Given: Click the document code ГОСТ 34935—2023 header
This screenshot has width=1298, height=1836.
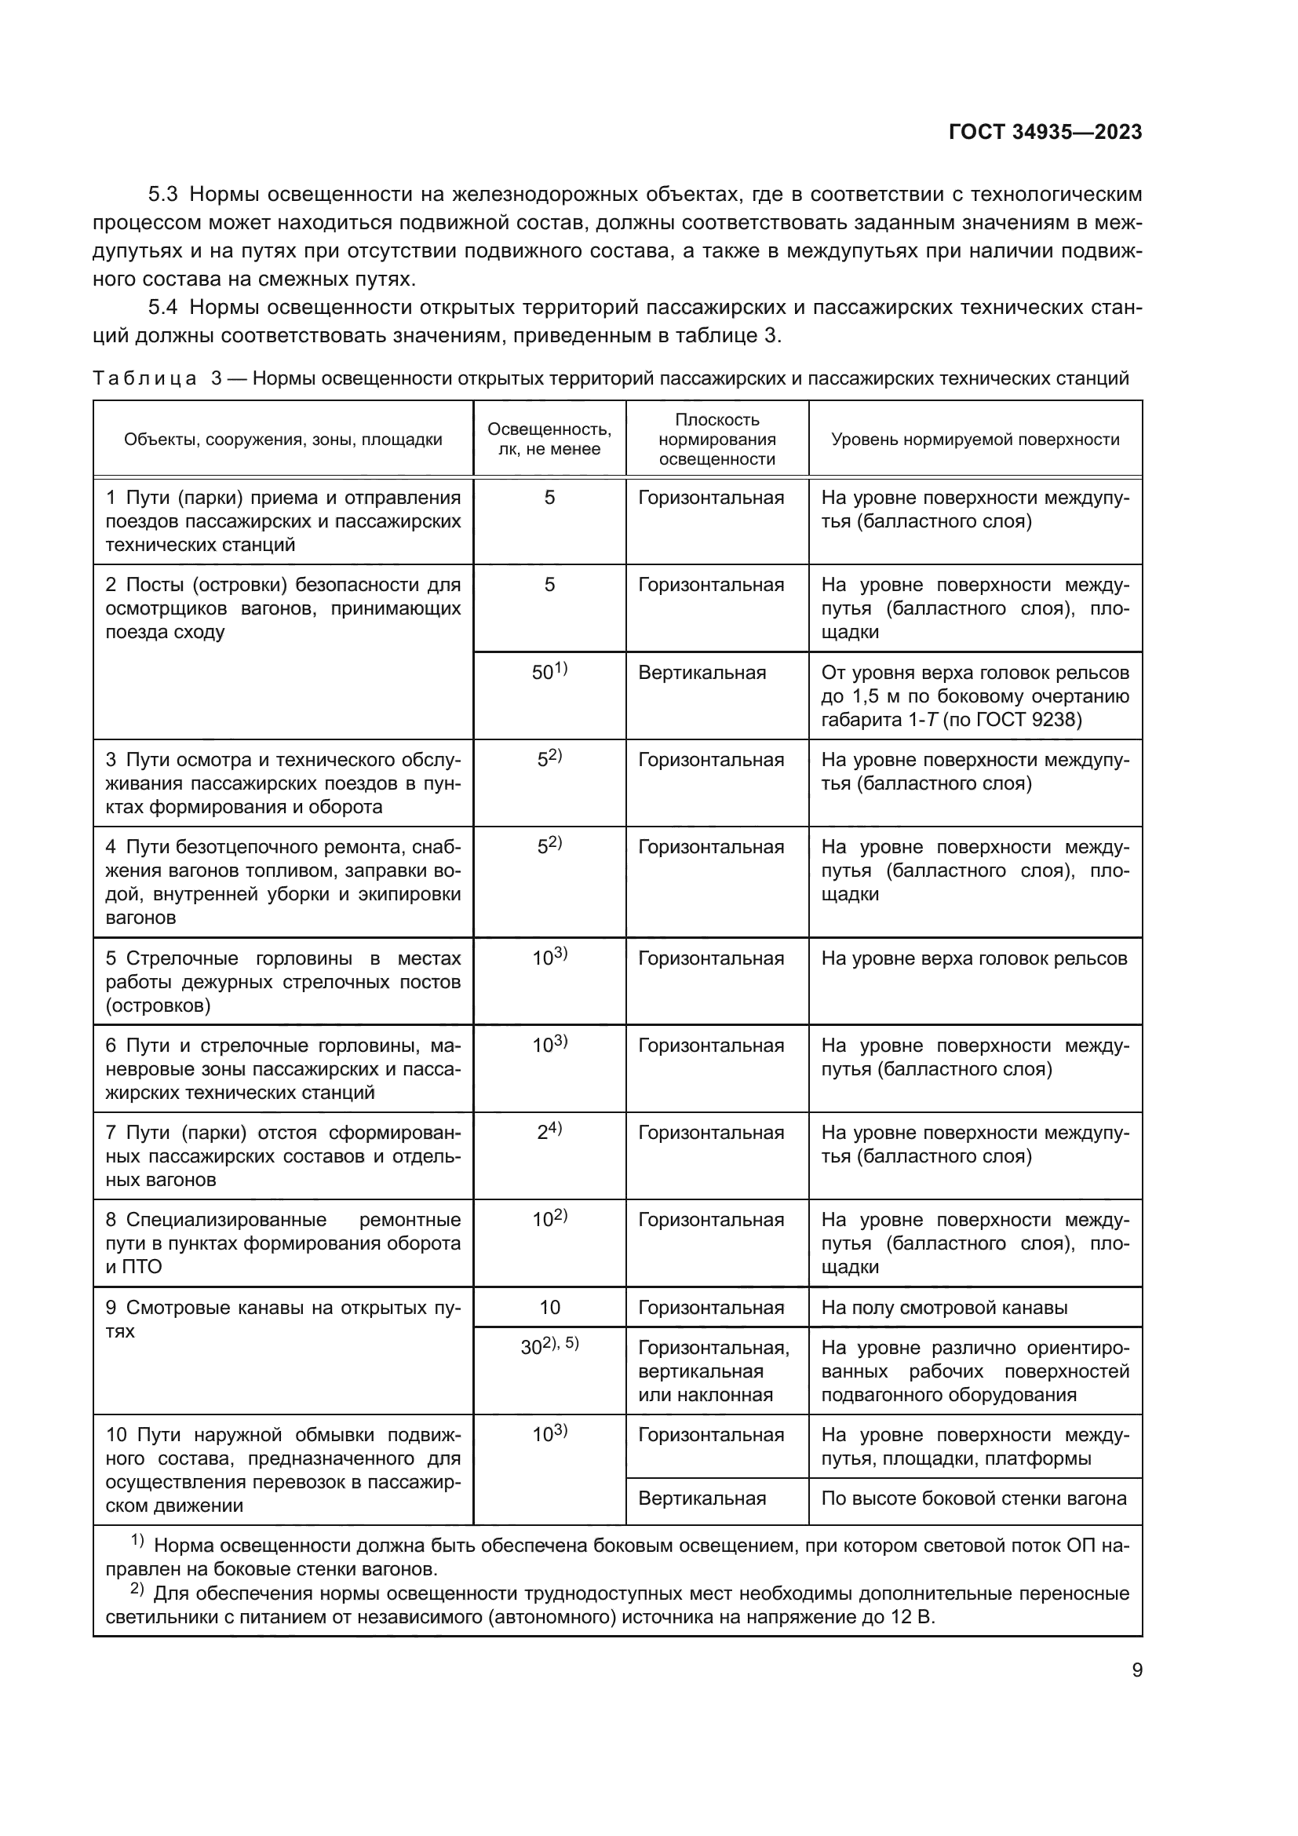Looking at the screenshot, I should click(1045, 132).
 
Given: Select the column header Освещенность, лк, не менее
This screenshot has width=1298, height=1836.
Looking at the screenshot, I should click(549, 438).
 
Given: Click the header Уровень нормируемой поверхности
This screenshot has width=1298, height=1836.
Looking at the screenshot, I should click(975, 439).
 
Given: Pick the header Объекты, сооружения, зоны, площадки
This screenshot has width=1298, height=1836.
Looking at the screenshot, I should click(283, 439).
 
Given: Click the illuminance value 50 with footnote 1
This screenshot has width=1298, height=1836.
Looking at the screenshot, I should click(549, 672).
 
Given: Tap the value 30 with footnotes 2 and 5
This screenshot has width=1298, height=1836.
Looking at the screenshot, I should click(549, 1347).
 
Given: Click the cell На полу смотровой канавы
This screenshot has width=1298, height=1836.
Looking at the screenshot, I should click(944, 1308).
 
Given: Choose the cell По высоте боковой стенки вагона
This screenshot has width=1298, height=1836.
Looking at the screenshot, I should click(973, 1498).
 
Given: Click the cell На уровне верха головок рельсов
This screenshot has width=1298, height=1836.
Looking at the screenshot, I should click(973, 958).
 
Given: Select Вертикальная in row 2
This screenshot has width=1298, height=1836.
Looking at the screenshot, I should click(702, 673).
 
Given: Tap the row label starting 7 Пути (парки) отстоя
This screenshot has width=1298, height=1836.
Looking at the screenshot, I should click(283, 1155).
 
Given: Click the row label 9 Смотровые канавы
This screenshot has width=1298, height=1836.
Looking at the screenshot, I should click(283, 1319).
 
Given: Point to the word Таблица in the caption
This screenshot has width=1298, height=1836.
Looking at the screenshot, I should click(144, 378).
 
